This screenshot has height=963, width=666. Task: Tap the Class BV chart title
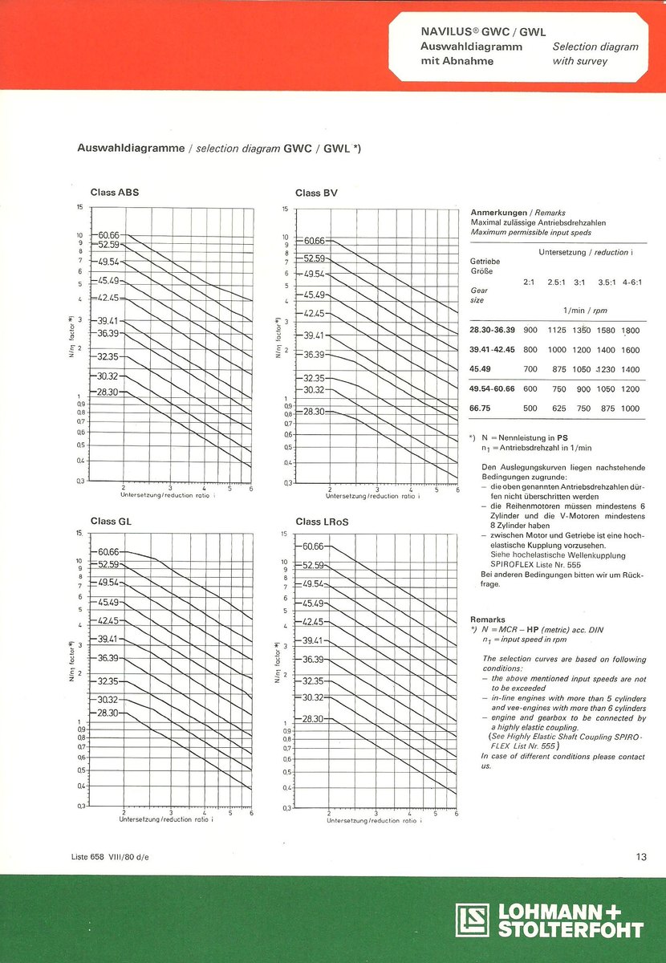(x=317, y=193)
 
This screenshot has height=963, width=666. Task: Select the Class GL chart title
(x=112, y=521)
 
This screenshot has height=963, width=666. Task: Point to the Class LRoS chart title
(x=322, y=522)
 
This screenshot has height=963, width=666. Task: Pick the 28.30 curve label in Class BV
(x=314, y=411)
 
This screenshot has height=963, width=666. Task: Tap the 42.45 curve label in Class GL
(x=108, y=620)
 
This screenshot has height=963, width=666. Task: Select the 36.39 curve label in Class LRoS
(x=314, y=659)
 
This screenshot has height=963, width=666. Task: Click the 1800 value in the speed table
(x=631, y=330)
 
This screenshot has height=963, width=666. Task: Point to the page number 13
(x=641, y=857)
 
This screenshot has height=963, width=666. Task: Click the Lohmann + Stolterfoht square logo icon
(x=473, y=920)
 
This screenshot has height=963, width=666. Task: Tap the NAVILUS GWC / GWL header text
(x=483, y=32)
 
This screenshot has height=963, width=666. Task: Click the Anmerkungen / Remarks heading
(x=518, y=213)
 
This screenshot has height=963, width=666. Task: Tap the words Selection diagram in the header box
(x=595, y=47)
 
